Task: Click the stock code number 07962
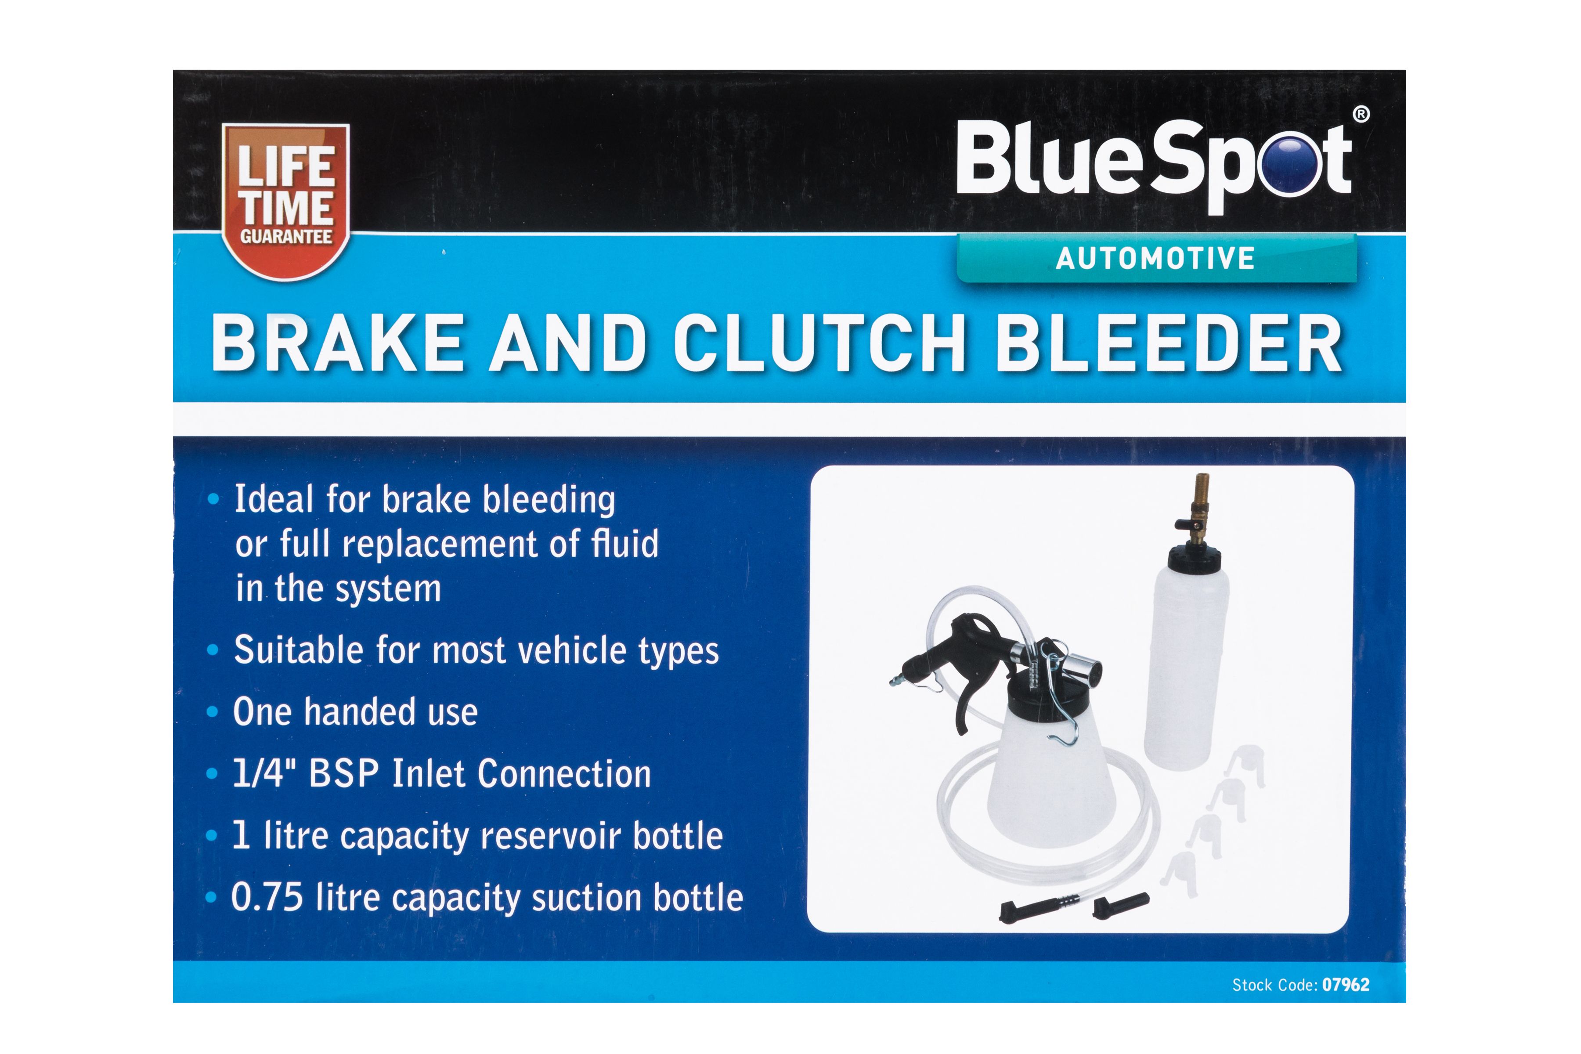(1345, 985)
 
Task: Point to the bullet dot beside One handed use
(213, 712)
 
